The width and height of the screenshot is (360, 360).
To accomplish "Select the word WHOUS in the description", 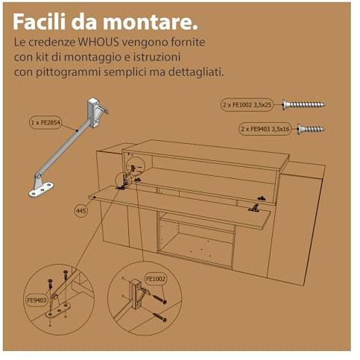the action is pos(98,42).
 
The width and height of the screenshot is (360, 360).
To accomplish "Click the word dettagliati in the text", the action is pos(196,72).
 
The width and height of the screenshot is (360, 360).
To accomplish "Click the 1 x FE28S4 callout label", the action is pos(45,122).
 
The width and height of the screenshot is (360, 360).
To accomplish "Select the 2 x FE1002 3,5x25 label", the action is pos(247,104).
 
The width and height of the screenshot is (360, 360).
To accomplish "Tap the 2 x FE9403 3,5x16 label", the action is pos(265,129).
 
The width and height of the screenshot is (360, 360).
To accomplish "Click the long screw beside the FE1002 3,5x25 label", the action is pos(303,104).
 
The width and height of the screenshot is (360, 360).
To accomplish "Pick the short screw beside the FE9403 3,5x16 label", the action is pos(311,129).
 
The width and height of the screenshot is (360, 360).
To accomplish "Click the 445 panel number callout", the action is pos(81,211).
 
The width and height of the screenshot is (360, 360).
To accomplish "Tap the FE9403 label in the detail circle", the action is pos(37,300).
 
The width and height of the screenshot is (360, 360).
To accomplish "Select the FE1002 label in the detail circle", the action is pos(156,279).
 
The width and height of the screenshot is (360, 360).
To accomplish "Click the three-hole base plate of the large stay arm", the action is pos(41,190).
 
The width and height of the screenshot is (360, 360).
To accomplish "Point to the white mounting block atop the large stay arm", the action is pos(93,113).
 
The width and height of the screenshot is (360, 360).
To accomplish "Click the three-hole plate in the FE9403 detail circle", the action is pos(59,311).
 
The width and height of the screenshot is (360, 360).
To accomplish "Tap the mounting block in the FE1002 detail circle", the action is pos(135,294).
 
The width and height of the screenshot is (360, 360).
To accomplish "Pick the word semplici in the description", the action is pos(131,72).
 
